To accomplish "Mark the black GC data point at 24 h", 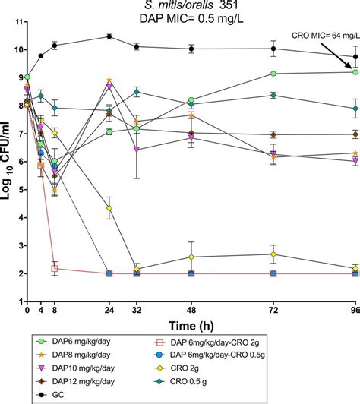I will pyautogui.click(x=109, y=36).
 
